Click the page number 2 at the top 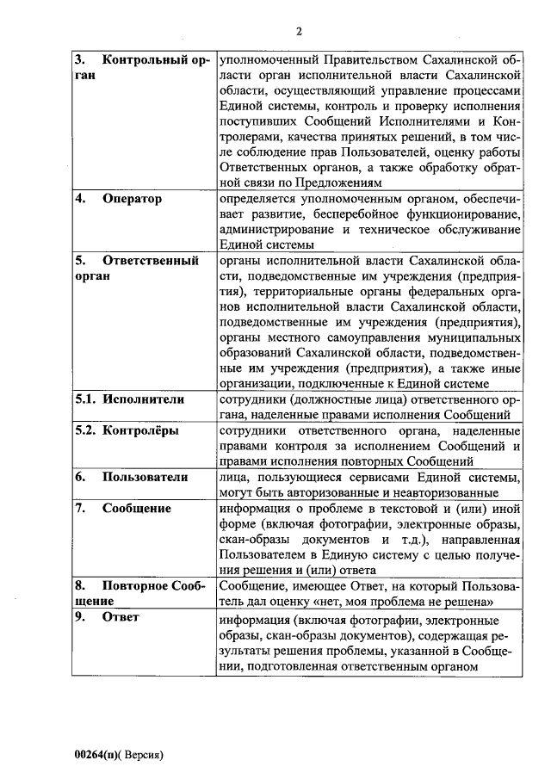(x=298, y=32)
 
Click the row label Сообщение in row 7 (x=136, y=508)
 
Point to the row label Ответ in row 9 (x=121, y=617)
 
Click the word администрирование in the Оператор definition (x=275, y=230)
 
